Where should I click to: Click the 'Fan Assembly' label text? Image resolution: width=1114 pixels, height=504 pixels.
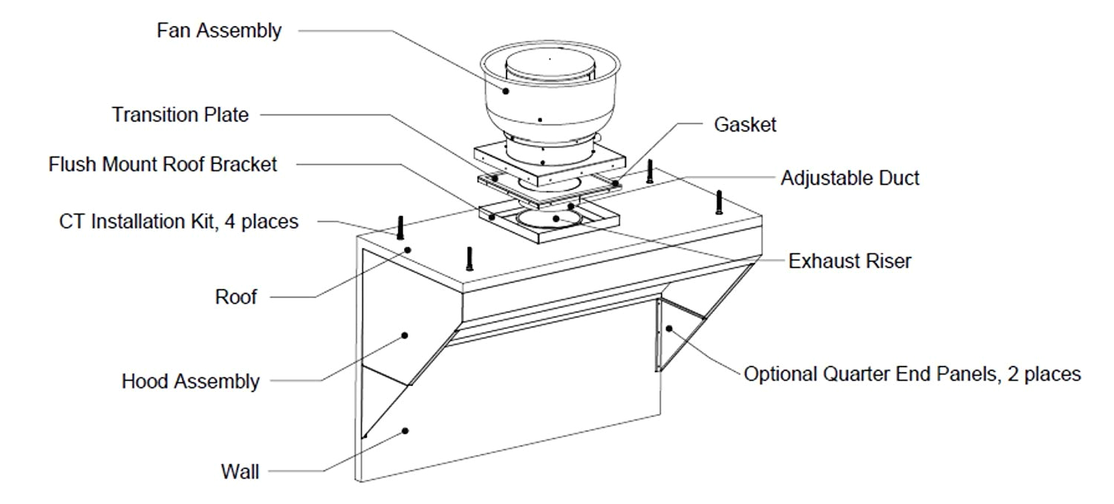(219, 31)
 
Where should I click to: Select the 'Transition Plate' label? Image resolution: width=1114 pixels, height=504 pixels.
(180, 115)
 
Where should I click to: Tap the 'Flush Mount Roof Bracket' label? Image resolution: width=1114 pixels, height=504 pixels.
(163, 164)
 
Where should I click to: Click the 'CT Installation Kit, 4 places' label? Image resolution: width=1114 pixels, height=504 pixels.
(178, 221)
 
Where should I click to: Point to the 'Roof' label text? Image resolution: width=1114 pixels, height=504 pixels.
(235, 298)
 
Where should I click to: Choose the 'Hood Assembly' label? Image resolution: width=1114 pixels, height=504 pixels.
(190, 382)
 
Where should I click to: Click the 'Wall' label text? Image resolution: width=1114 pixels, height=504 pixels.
(240, 471)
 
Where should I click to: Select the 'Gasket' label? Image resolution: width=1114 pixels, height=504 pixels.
(745, 125)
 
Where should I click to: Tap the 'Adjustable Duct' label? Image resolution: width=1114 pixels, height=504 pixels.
(850, 178)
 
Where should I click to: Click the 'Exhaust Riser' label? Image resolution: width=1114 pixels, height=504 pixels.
(850, 261)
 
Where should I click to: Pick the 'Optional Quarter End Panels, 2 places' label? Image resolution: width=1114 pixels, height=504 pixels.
(912, 374)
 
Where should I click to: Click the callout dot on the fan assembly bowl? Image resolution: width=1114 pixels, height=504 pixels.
(506, 91)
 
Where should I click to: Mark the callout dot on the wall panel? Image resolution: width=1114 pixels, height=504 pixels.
(405, 430)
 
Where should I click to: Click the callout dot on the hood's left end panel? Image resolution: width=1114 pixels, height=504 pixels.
(405, 336)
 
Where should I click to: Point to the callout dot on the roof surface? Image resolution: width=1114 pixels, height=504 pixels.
(408, 250)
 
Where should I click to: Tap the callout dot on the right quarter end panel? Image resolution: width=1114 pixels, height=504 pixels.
(669, 327)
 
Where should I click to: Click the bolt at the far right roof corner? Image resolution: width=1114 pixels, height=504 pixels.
(719, 203)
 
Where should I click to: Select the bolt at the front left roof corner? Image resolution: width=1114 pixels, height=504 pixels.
(469, 258)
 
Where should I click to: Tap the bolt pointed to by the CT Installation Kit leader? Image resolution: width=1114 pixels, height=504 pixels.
(400, 226)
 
